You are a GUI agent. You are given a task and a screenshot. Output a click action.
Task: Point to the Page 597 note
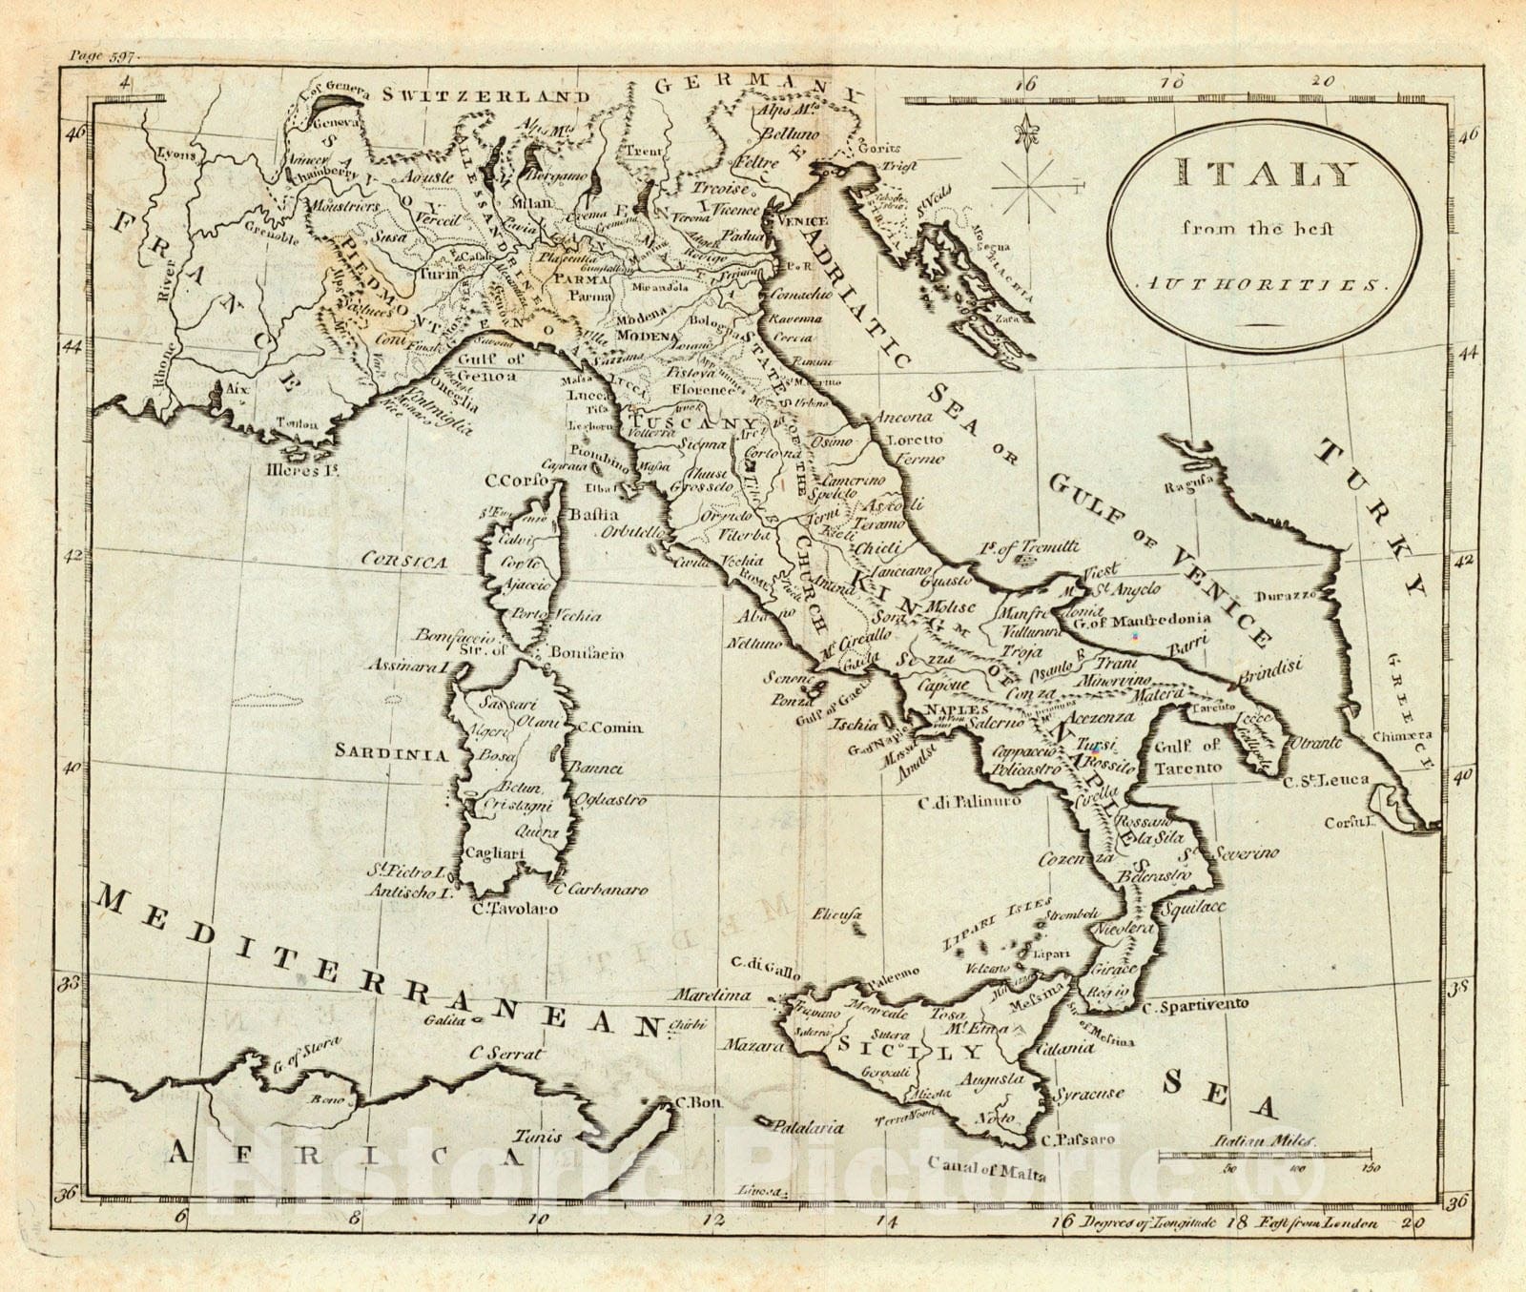(x=104, y=56)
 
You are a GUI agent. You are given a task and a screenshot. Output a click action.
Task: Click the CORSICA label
(x=403, y=562)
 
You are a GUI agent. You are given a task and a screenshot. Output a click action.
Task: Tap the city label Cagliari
(x=493, y=854)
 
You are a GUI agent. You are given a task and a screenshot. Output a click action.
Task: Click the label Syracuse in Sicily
(x=1089, y=1095)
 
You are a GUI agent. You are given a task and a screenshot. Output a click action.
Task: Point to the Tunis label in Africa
(x=539, y=1137)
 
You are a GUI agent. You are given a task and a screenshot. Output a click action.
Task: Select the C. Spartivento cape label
(x=1195, y=1005)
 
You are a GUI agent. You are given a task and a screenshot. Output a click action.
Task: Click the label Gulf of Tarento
(x=1187, y=756)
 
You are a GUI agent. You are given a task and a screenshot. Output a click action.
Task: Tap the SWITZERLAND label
(x=486, y=95)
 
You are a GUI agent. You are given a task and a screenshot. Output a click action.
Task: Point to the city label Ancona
(x=900, y=418)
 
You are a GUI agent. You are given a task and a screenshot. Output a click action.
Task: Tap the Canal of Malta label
(x=986, y=1168)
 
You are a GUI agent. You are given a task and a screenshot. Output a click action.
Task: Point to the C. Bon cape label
(x=698, y=1103)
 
